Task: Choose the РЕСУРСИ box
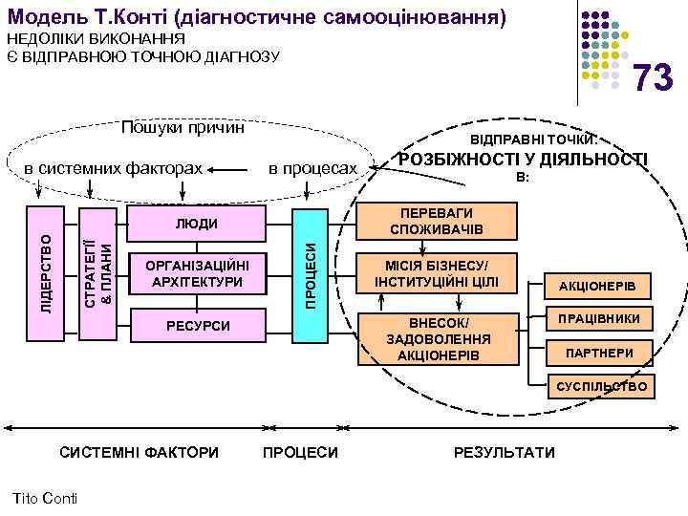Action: [x=197, y=326]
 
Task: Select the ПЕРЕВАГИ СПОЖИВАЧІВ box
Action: [x=436, y=222]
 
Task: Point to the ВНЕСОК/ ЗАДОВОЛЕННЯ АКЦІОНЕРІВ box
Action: [x=436, y=339]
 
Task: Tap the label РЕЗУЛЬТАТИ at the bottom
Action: [x=505, y=452]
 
